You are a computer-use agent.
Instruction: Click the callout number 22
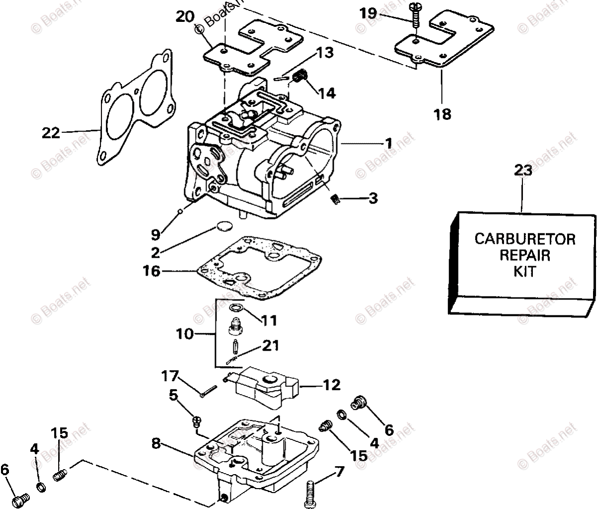click(x=51, y=133)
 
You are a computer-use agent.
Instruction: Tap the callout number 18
click(x=442, y=114)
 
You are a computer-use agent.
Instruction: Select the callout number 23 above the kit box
click(x=523, y=170)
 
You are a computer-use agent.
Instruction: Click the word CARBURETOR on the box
click(x=524, y=239)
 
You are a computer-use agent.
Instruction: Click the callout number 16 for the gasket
click(x=152, y=271)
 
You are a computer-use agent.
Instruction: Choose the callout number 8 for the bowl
click(x=156, y=443)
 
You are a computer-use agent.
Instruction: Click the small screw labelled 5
click(x=196, y=422)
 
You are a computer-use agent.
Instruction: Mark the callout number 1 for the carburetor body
click(x=388, y=143)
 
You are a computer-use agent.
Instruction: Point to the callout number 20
click(x=185, y=16)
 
